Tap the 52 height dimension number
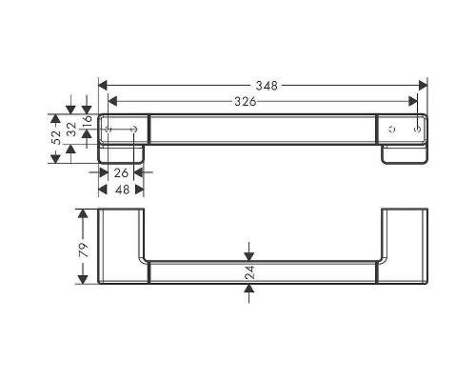coord(56,137)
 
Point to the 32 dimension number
coord(71,131)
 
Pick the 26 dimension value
coord(120,173)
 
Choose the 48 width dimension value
coord(120,189)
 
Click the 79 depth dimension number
coord(84,250)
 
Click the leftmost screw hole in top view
coord(109,127)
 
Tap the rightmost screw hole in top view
coord(417,127)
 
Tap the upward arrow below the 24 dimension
coord(249,290)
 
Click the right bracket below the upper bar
coord(403,155)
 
